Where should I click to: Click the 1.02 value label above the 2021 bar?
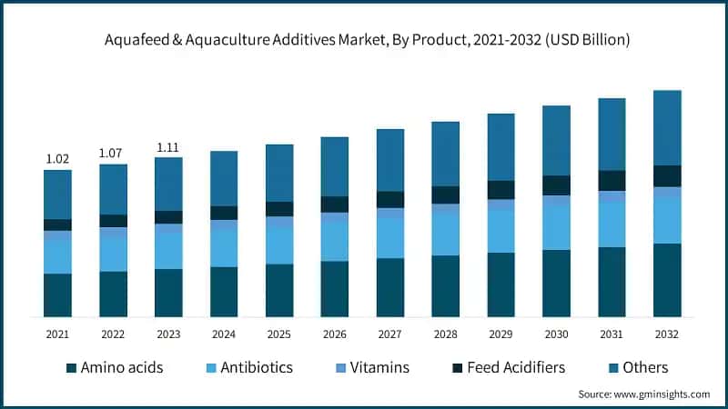pyautogui.click(x=57, y=159)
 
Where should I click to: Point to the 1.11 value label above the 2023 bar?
pyautogui.click(x=168, y=146)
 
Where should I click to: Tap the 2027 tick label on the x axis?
pyautogui.click(x=389, y=334)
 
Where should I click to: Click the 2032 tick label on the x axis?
pyautogui.click(x=667, y=334)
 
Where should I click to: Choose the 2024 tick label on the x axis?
pyautogui.click(x=224, y=334)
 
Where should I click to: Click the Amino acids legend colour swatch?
pyautogui.click(x=71, y=368)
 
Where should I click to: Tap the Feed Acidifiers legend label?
pyautogui.click(x=515, y=368)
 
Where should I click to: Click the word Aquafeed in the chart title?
pyautogui.click(x=134, y=41)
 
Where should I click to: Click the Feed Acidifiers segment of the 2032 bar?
pyautogui.click(x=667, y=176)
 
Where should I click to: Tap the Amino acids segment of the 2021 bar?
pyautogui.click(x=57, y=294)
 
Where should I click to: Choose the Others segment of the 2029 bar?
pyautogui.click(x=500, y=146)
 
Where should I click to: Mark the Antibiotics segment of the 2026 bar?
pyautogui.click(x=334, y=241)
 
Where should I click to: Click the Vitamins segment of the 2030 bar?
pyautogui.click(x=556, y=201)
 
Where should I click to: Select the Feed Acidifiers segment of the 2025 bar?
pyautogui.click(x=278, y=209)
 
